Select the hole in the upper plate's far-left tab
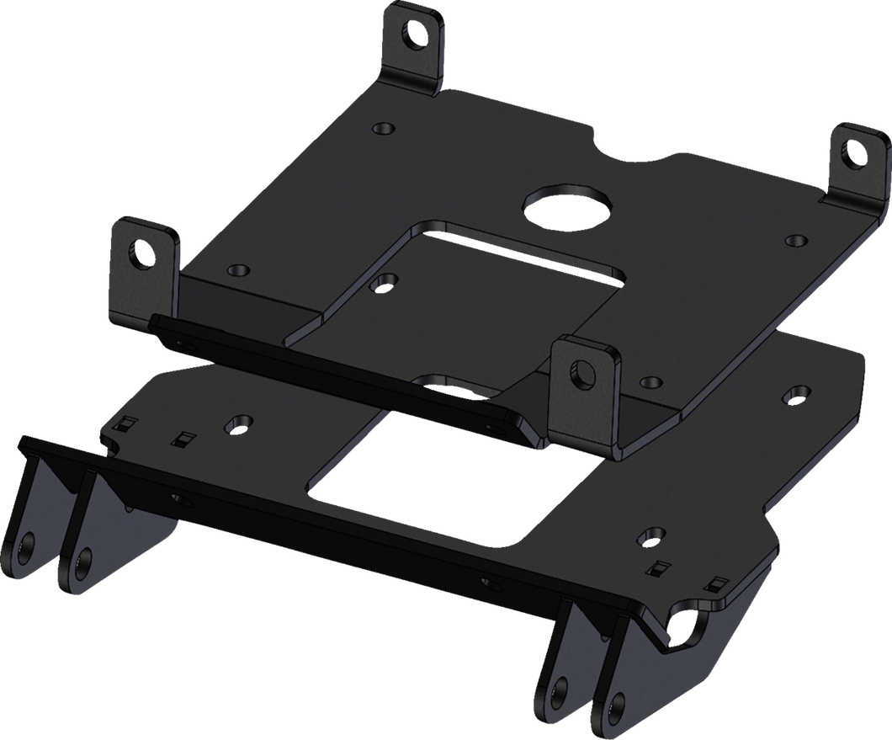point(139,250)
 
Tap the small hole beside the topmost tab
point(384,129)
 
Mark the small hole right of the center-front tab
point(650,382)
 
